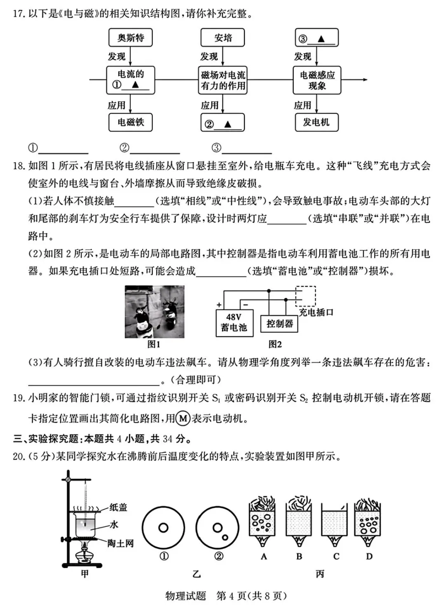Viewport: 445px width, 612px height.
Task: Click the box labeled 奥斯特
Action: coord(131,38)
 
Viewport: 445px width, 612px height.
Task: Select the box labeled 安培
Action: coord(222,38)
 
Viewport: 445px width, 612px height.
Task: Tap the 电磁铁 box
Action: coord(131,122)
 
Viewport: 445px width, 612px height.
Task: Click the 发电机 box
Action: coord(316,122)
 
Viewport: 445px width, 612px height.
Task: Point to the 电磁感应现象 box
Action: coord(317,80)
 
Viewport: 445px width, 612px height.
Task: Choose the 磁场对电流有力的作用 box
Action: coord(223,80)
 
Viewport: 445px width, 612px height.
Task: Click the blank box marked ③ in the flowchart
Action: coord(317,38)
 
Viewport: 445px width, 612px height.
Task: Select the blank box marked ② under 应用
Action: coord(222,123)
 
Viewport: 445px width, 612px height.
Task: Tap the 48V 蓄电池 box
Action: coord(234,322)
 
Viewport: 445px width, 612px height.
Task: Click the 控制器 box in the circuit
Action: coord(279,324)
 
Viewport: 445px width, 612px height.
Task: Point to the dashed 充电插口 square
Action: coord(306,296)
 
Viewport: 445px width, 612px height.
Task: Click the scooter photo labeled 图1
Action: coord(155,312)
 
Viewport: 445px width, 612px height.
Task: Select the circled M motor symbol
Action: coord(183,419)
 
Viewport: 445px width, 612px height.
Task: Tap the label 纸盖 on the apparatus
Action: coord(119,507)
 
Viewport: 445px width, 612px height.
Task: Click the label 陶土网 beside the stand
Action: coord(120,543)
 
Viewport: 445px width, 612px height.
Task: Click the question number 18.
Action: coord(19,166)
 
